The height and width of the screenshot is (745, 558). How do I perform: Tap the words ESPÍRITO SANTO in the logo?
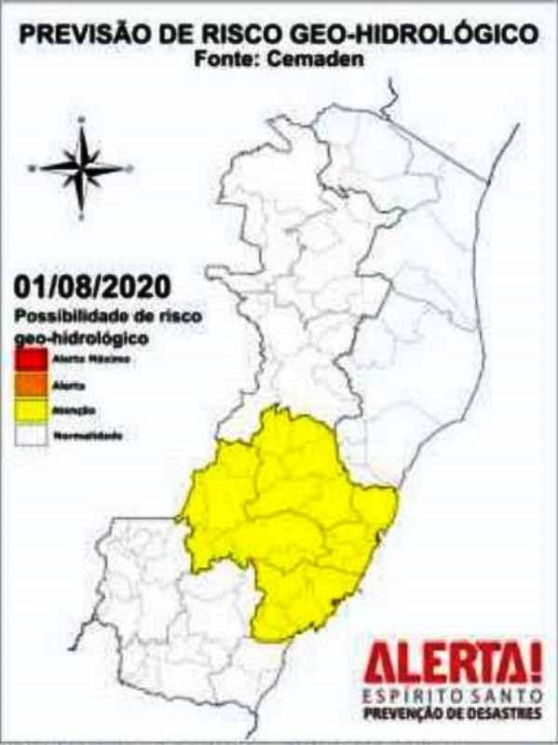[452, 698]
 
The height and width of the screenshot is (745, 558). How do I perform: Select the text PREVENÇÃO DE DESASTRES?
[452, 714]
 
